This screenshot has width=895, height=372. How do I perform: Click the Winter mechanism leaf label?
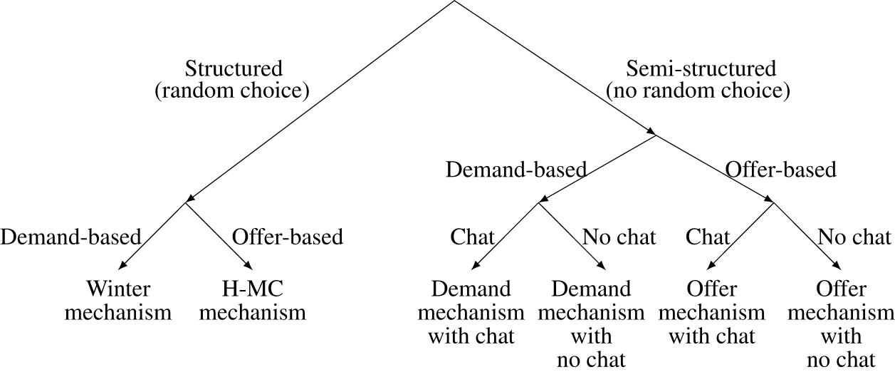pyautogui.click(x=118, y=301)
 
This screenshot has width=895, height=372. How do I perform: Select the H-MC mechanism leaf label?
pyautogui.click(x=253, y=301)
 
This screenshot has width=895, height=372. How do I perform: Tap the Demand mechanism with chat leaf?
pyautogui.click(x=471, y=312)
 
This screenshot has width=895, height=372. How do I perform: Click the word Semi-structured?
pyautogui.click(x=701, y=69)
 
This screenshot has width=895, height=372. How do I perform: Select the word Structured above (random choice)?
pyautogui.click(x=234, y=69)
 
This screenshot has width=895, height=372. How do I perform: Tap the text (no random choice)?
pyautogui.click(x=698, y=91)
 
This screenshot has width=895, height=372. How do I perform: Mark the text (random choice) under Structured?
pyautogui.click(x=232, y=91)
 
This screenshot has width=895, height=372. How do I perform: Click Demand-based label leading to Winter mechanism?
pyautogui.click(x=70, y=237)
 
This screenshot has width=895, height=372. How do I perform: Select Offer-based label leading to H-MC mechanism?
pyautogui.click(x=288, y=237)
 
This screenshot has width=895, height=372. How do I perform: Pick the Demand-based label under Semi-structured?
pyautogui.click(x=516, y=170)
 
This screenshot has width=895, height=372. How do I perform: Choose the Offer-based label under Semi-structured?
pyautogui.click(x=780, y=170)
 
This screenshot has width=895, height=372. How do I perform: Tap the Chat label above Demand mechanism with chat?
pyautogui.click(x=472, y=237)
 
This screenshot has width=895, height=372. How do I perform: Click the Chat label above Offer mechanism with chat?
pyautogui.click(x=708, y=237)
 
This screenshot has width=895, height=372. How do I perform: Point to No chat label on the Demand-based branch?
pyautogui.click(x=619, y=237)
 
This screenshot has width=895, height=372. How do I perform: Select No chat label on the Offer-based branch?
pyautogui.click(x=854, y=237)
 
